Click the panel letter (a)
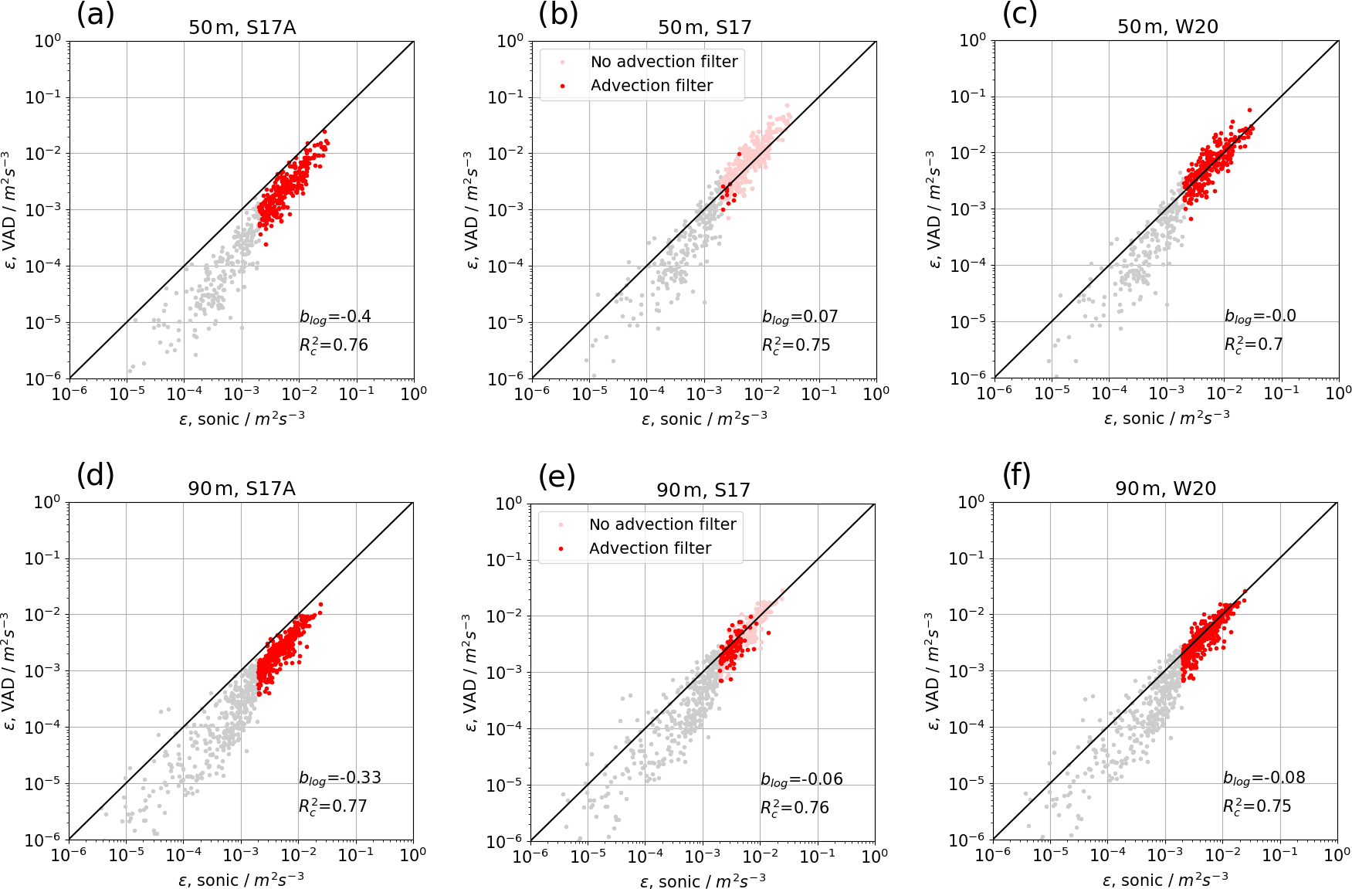[x=96, y=14]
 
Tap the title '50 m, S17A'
[x=242, y=28]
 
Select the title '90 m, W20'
[x=1165, y=489]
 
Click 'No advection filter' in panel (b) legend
[x=663, y=62]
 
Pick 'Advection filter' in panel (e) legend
[x=649, y=548]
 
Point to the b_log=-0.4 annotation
[x=335, y=317]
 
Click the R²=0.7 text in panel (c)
[x=1253, y=344]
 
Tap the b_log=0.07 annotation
[x=800, y=317]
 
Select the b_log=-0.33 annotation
[x=340, y=778]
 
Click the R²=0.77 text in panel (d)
[x=333, y=806]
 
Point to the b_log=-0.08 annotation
[x=1264, y=778]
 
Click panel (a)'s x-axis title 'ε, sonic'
[x=242, y=419]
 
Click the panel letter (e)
[x=557, y=476]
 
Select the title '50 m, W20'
[x=1167, y=27]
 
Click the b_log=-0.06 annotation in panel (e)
[x=801, y=779]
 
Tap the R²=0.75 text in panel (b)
[x=795, y=345]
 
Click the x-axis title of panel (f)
[x=1165, y=881]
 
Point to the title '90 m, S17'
[x=703, y=490]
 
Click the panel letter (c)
[x=1019, y=14]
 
